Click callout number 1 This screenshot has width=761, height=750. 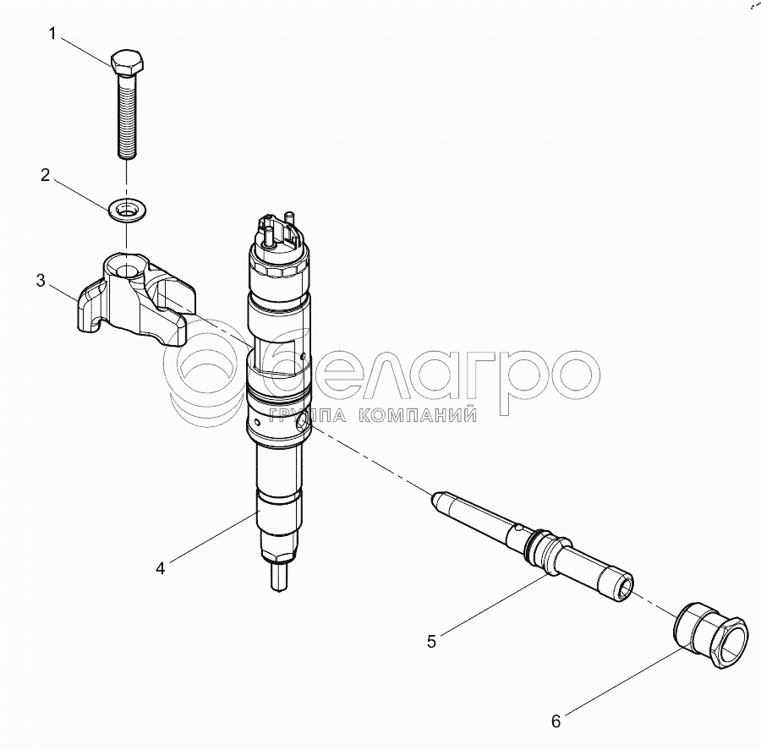pos(52,34)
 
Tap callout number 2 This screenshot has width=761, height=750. pos(45,175)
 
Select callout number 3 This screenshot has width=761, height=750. pos(41,280)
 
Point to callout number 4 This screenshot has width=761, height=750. pos(161,567)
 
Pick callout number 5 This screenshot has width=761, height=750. pos(431,642)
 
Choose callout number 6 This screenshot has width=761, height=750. pos(556,721)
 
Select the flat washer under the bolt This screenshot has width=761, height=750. pos(128,211)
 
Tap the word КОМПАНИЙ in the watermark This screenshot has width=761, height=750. pos(419,415)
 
